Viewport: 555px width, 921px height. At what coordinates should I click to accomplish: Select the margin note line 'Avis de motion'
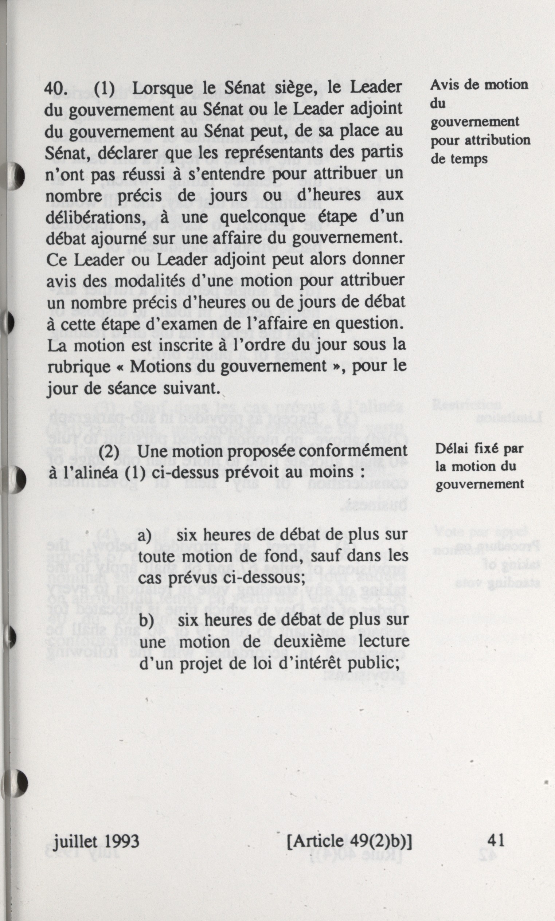[x=479, y=85]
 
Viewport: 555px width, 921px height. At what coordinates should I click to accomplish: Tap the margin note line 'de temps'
[x=459, y=159]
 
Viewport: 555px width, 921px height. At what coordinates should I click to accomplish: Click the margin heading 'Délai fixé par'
[x=479, y=448]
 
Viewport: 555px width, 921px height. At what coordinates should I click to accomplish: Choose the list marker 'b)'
[x=146, y=621]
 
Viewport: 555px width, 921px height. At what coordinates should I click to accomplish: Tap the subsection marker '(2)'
[x=109, y=451]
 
